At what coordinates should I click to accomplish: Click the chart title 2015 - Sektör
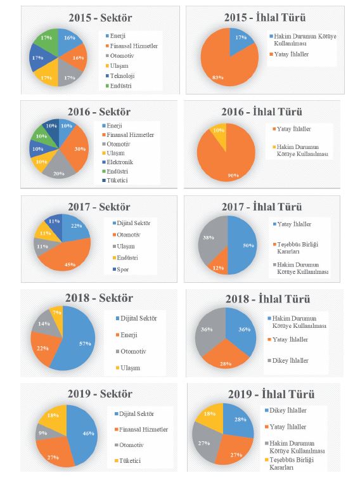point(100,18)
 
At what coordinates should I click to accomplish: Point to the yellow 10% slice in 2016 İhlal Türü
point(219,133)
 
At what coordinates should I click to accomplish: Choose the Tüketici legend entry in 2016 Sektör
point(115,180)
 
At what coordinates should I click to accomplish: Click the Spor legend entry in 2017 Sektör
point(120,269)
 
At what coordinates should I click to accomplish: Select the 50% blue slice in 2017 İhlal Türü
point(243,245)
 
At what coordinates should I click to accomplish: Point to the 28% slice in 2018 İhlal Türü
point(226,355)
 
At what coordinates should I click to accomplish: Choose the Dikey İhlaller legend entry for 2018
point(288,361)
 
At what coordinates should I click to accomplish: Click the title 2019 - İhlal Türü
point(271,394)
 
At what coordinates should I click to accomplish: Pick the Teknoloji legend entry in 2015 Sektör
point(120,76)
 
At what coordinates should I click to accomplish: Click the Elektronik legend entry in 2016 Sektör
point(118,162)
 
